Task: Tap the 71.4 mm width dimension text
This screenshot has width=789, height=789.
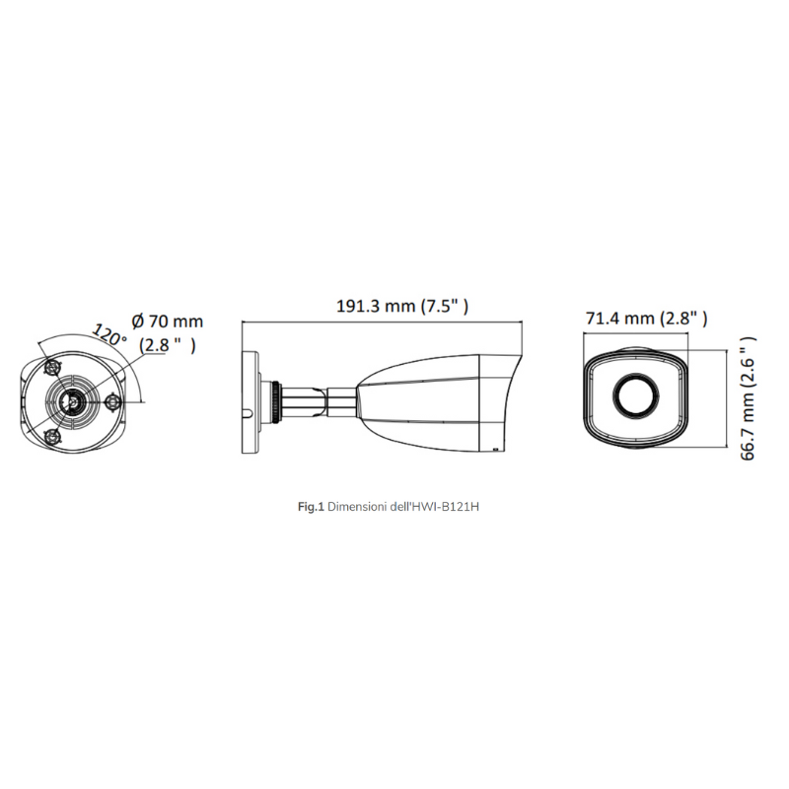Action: point(647,318)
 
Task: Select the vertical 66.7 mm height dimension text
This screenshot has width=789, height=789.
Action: point(751,396)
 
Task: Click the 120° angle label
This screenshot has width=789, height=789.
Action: point(108,332)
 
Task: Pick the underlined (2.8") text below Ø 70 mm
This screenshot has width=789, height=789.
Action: point(167,345)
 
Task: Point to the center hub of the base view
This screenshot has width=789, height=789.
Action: point(71,399)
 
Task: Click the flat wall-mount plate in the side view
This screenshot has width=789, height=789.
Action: point(251,398)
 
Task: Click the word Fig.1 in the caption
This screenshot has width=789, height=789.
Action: point(311,506)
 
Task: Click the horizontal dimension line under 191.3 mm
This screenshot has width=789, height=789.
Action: point(383,322)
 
